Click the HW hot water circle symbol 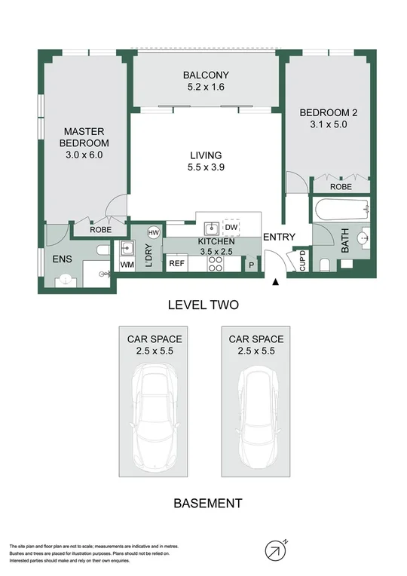(x=154, y=232)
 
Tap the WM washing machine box (x=127, y=265)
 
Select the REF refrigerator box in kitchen (x=177, y=264)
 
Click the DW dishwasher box (x=231, y=226)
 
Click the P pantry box (x=252, y=265)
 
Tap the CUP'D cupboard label (x=302, y=260)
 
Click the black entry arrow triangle (x=274, y=282)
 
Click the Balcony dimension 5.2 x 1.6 (x=205, y=87)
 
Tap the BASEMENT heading (x=207, y=503)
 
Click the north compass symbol (x=275, y=550)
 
